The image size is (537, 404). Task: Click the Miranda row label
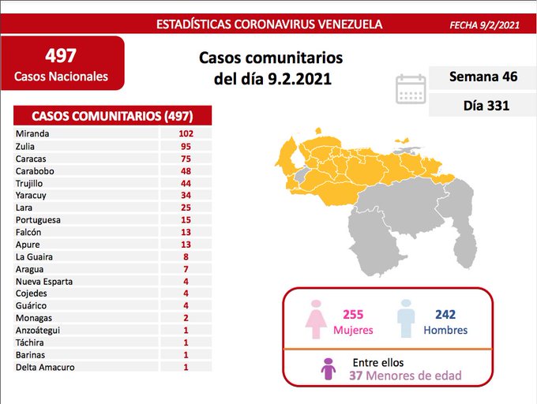click(x=32, y=133)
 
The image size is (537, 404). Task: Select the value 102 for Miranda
click(x=186, y=133)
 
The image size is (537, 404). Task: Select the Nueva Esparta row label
click(x=43, y=281)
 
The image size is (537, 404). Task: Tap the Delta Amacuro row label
click(x=43, y=366)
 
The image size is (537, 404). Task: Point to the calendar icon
click(x=410, y=90)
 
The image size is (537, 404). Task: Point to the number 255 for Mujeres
click(x=352, y=314)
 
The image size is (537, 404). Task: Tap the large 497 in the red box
click(x=62, y=56)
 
